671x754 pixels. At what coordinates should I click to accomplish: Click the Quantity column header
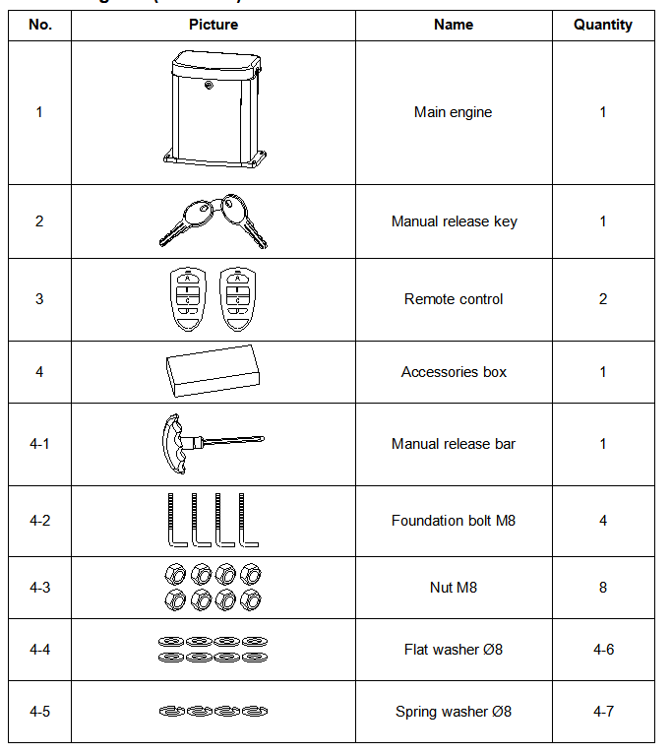[603, 25]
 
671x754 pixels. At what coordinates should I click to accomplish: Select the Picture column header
[213, 25]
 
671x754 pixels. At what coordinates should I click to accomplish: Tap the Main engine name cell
[454, 112]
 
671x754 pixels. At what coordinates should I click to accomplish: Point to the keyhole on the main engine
[209, 85]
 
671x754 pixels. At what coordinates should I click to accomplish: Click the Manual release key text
[454, 221]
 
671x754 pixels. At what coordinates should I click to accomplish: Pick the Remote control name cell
[454, 299]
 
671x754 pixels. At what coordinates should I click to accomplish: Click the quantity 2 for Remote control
[603, 299]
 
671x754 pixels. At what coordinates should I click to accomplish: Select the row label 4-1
[39, 444]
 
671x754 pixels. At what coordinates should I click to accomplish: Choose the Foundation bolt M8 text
[454, 521]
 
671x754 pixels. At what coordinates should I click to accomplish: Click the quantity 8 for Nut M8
[603, 588]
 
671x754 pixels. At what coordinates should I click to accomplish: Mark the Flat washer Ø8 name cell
[454, 650]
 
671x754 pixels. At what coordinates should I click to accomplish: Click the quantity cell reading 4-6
[603, 650]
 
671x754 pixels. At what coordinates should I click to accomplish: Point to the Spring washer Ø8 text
[454, 712]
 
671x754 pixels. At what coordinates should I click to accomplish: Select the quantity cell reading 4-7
[603, 712]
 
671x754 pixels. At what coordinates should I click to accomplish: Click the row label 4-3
[39, 588]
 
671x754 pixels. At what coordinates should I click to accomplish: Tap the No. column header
[39, 25]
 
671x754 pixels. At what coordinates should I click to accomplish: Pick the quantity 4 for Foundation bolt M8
[603, 521]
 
